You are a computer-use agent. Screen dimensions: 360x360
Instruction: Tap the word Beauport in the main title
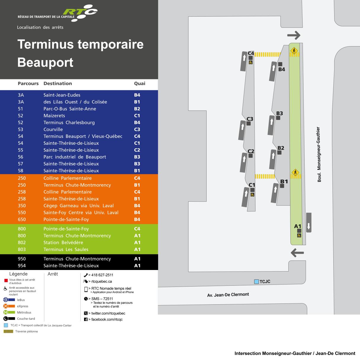pyautogui.click(x=45, y=62)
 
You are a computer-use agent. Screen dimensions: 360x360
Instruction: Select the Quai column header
pyautogui.click(x=139, y=83)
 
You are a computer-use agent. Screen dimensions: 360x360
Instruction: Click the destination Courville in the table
pyautogui.click(x=53, y=129)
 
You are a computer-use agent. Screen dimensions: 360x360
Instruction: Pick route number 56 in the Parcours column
pyautogui.click(x=20, y=157)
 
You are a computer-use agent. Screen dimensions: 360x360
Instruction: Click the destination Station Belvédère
pyautogui.click(x=63, y=242)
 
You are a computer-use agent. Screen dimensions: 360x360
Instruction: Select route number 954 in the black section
pyautogui.click(x=22, y=266)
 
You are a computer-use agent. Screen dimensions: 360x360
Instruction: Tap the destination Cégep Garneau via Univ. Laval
pyautogui.click(x=78, y=205)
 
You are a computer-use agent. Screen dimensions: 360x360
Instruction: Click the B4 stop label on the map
pyautogui.click(x=282, y=69)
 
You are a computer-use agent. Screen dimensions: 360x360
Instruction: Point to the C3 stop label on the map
pyautogui.click(x=250, y=119)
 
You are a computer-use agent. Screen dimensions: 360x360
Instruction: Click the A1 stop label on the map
pyautogui.click(x=298, y=226)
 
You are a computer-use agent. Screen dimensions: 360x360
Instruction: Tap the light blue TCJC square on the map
pyautogui.click(x=256, y=282)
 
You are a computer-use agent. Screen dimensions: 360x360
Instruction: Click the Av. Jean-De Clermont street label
pyautogui.click(x=228, y=295)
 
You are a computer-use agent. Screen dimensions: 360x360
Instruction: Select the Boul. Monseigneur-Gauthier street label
pyautogui.click(x=319, y=154)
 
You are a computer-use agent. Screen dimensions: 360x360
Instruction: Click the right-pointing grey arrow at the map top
pyautogui.click(x=294, y=36)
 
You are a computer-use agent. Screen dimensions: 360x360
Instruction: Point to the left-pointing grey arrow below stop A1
pyautogui.click(x=297, y=253)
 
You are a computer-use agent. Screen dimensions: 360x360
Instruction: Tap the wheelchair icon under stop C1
pyautogui.click(x=253, y=195)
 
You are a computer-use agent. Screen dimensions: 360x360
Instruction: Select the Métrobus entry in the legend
pyautogui.click(x=24, y=312)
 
